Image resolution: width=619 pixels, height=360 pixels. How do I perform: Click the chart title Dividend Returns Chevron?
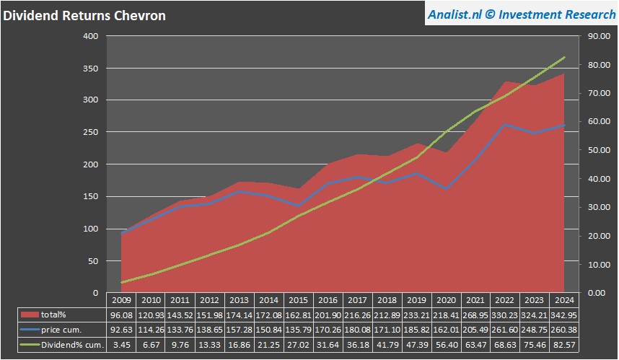tap(84, 16)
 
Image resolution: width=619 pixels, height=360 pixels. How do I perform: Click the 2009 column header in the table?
tap(121, 300)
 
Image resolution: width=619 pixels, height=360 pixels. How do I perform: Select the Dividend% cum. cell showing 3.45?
tap(121, 345)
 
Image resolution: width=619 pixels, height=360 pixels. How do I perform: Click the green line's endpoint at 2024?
tap(564, 57)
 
